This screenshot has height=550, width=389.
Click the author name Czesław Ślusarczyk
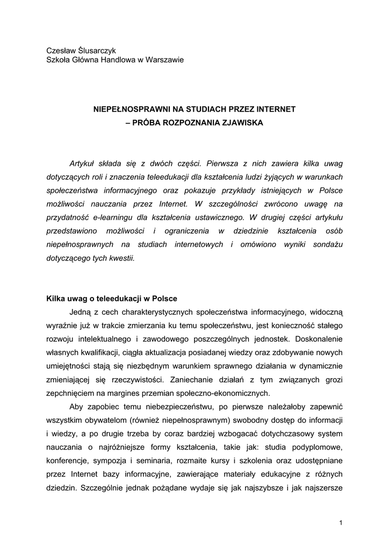point(81,50)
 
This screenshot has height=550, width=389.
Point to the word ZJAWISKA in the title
point(240,122)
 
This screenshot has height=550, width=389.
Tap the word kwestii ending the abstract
point(121,258)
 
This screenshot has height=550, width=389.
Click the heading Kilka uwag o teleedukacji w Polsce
point(111,299)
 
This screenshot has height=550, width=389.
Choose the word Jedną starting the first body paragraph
point(80,312)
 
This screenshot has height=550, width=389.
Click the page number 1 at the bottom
point(341,523)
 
